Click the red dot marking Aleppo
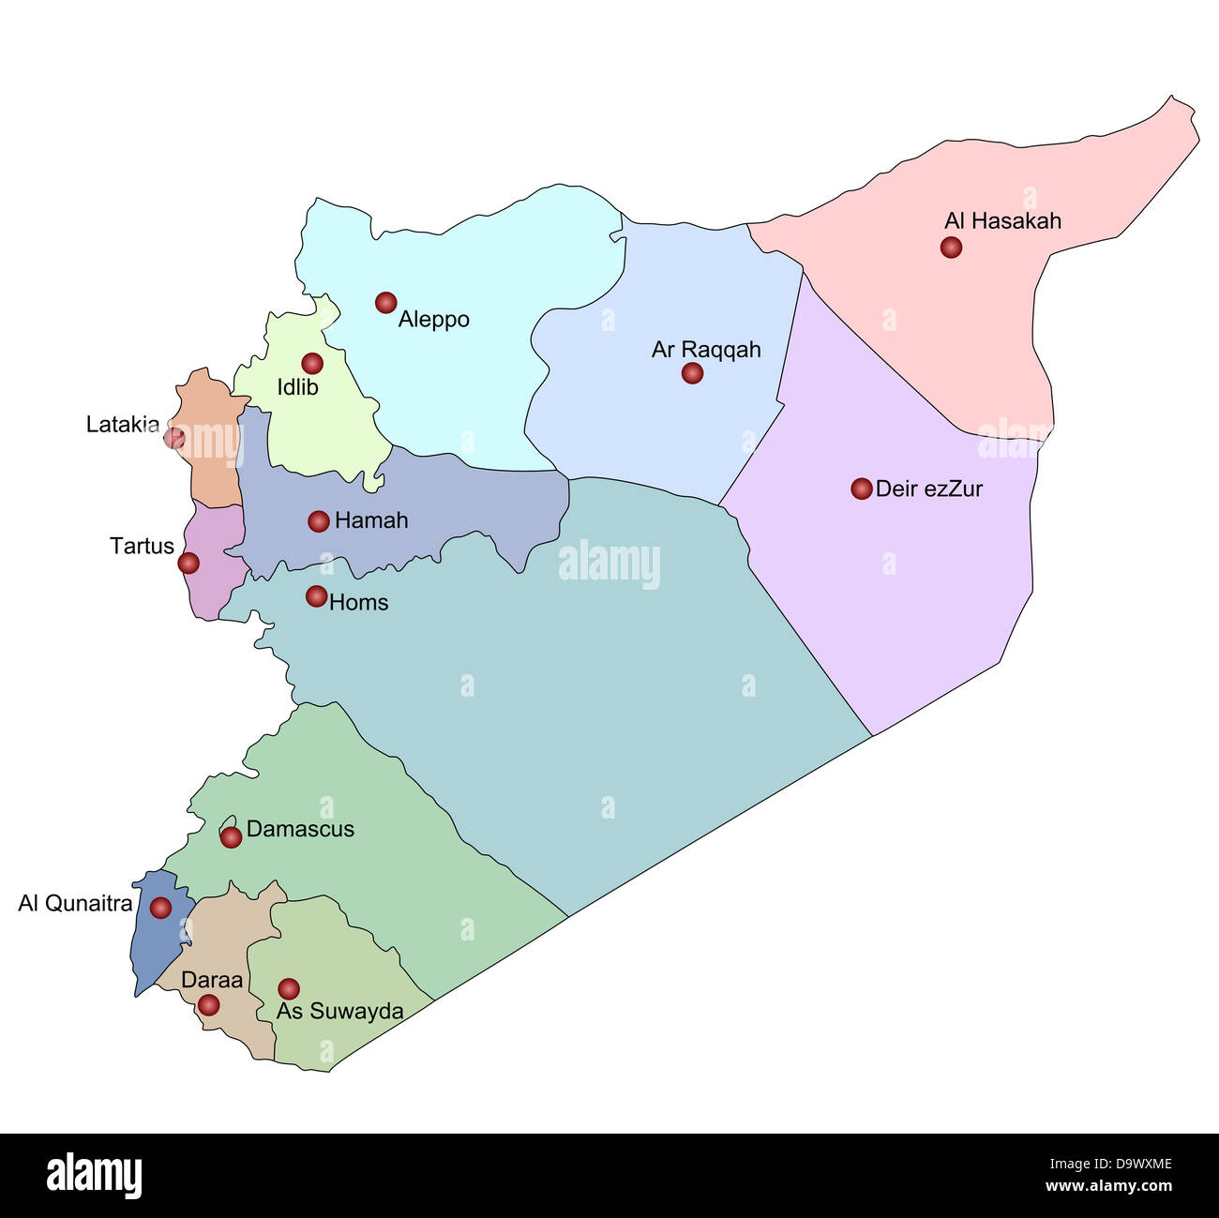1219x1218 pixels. coord(385,302)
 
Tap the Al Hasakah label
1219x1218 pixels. coord(1002,221)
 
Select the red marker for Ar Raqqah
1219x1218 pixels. coord(692,373)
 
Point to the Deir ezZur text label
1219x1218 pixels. coord(928,489)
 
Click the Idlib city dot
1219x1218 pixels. coord(312,363)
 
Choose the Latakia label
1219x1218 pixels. coord(123,425)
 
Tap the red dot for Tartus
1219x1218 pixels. coord(188,563)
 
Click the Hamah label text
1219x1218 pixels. coord(371,520)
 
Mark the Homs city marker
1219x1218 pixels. coord(317,596)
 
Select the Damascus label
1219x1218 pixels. coord(300,829)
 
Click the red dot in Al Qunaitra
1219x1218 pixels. coord(160,908)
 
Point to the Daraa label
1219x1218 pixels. coord(212,981)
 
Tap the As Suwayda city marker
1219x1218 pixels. coord(289,988)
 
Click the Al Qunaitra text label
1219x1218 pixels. coord(75,904)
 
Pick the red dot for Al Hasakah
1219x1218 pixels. coord(951,248)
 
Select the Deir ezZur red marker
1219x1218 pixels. coord(862,489)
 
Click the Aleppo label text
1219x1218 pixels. coord(433,320)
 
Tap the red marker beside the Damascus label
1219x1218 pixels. coord(231,837)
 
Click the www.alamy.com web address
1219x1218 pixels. coord(1108,1186)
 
